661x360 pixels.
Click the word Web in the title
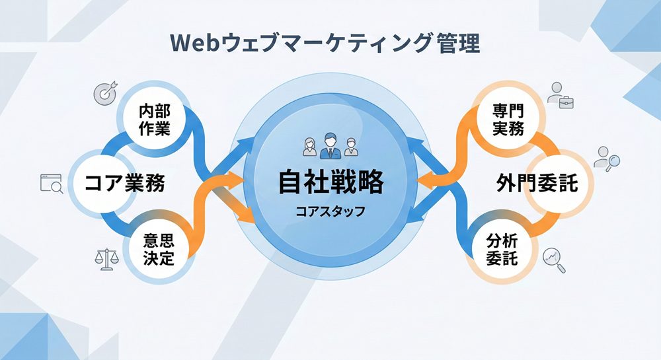coord(193,44)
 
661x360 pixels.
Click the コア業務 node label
coord(124,183)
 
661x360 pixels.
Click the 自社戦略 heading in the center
coord(330,182)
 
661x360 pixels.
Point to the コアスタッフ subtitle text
coord(330,213)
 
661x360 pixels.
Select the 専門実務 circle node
coord(508,120)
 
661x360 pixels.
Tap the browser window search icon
coord(51,183)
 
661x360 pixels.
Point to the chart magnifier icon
coord(554,260)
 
